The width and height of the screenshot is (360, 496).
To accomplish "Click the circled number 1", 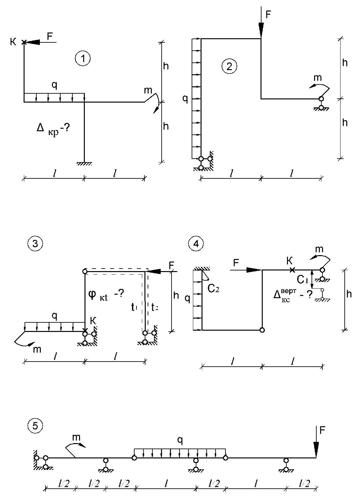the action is [x=83, y=59].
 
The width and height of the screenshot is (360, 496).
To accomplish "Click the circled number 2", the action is [x=229, y=66].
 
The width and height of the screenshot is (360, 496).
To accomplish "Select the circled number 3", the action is [x=35, y=244].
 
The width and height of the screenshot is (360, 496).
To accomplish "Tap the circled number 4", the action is [x=196, y=244].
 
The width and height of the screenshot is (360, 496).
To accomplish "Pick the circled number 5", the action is [x=35, y=426].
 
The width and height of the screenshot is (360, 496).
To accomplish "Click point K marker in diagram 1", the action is [x=24, y=42].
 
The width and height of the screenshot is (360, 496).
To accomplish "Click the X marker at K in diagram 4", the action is [x=293, y=270].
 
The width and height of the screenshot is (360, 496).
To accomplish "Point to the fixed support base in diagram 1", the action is [x=84, y=164].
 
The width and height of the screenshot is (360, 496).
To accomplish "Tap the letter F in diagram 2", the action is [x=268, y=15].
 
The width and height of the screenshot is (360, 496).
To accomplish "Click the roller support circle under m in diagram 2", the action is [x=321, y=99].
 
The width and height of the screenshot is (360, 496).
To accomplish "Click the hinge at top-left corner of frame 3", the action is [x=85, y=271].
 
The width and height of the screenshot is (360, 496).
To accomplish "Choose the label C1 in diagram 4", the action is [x=303, y=280].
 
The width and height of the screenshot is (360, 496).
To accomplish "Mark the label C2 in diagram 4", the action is [x=213, y=288].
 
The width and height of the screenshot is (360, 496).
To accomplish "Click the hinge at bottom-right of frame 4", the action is [x=262, y=330].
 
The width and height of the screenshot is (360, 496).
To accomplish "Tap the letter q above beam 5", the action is [x=180, y=441].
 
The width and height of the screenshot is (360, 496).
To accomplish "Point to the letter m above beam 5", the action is [x=76, y=437].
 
